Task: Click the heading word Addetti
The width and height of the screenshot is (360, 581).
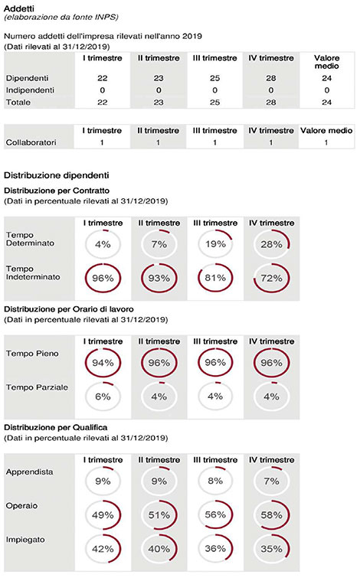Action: coord(19,8)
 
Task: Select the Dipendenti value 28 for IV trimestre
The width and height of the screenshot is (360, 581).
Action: coord(271,78)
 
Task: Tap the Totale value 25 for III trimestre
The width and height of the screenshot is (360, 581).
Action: coord(214,103)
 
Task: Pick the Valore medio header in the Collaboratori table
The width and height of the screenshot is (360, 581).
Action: coord(326,130)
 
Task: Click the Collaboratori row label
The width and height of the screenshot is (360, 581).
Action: coord(31,142)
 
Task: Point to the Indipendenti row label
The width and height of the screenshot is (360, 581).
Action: coord(30,90)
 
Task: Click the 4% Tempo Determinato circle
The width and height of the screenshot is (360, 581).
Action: coord(103,230)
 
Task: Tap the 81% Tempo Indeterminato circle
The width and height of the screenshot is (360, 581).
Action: coord(199,278)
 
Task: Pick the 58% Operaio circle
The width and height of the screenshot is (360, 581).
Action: coord(290,515)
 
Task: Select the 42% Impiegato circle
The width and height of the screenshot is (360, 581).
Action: coord(120,549)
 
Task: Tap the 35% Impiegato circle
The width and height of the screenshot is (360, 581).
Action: coord(290,549)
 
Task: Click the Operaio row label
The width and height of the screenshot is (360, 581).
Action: coord(21,505)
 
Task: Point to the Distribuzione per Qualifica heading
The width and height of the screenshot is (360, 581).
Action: coord(56,427)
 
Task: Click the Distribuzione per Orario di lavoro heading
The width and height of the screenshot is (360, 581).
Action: coord(69,309)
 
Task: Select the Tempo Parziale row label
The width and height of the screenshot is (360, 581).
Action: coord(37,387)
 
